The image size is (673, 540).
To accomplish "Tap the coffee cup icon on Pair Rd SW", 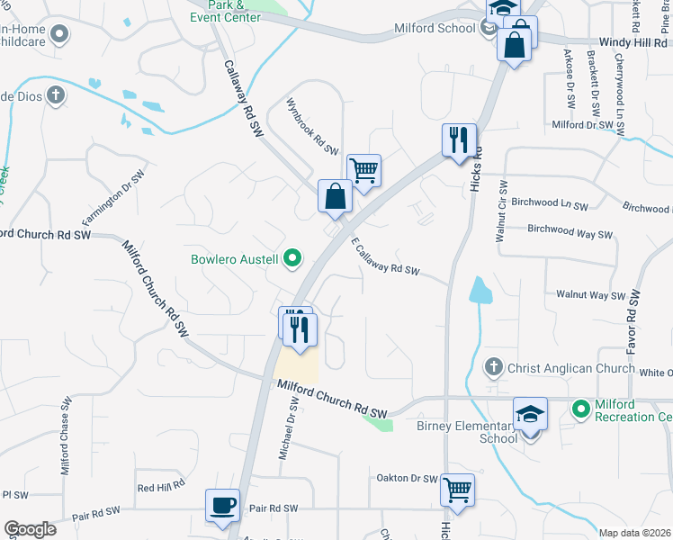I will tap(222, 505).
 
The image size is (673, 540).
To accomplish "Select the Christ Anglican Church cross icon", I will tap(492, 367).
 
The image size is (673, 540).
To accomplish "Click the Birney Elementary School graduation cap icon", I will tap(530, 414).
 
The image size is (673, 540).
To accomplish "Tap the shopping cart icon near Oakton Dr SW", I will tap(457, 490).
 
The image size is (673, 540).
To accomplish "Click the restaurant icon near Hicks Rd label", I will tap(459, 139).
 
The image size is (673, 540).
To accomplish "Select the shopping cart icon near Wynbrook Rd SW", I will tap(363, 169).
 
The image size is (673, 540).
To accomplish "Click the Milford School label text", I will tap(435, 28).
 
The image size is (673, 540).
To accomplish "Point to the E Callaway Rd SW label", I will tap(386, 256).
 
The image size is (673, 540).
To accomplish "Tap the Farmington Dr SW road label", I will tap(113, 199).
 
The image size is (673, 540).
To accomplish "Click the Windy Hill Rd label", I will tap(635, 42).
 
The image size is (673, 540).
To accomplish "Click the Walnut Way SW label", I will tap(590, 294).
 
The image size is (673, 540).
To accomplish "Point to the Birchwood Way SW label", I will tap(570, 231).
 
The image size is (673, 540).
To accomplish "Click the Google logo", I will tap(30, 529).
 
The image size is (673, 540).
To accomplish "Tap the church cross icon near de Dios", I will tap(56, 94).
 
